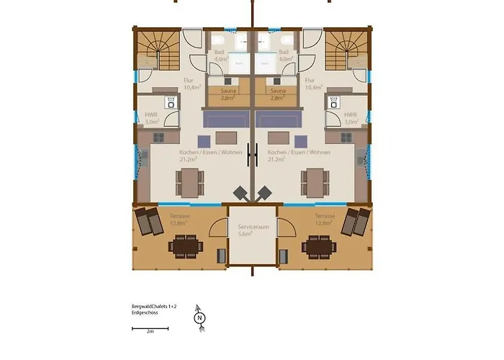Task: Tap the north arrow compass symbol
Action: click(199, 316)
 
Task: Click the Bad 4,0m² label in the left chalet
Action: click(220, 56)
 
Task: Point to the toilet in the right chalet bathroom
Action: click(287, 40)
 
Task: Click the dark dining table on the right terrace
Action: click(316, 247)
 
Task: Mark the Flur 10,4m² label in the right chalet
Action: click(311, 84)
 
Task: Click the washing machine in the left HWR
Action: click(171, 103)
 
